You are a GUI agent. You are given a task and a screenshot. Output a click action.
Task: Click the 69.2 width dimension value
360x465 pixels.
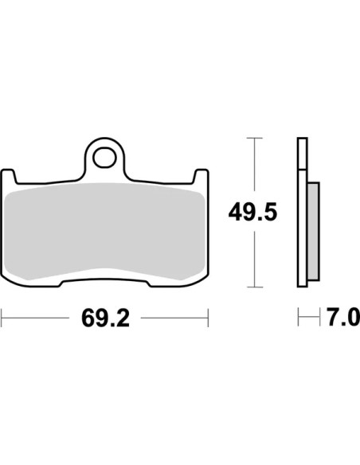tap(105, 318)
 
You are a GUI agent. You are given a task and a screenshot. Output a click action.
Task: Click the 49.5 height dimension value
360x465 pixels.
tap(252, 212)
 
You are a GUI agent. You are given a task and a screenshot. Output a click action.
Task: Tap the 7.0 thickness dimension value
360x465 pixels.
tap(343, 318)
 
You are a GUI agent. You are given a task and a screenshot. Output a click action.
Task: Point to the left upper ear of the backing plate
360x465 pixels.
tap(8, 175)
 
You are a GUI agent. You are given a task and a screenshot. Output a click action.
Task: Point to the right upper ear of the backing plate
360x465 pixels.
tap(202, 175)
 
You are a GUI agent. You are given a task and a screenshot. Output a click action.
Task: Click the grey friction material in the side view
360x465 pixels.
tap(314, 232)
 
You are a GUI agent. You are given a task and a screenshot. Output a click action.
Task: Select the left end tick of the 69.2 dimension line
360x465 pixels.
tap(2, 318)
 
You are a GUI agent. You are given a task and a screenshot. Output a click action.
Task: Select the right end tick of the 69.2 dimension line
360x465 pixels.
tap(208, 318)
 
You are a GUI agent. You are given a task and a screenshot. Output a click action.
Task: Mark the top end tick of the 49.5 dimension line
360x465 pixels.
tap(254, 139)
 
